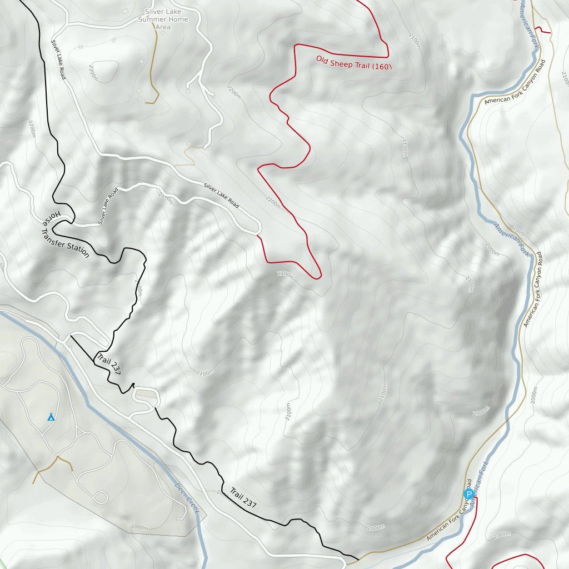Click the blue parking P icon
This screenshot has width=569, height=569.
[x=468, y=494]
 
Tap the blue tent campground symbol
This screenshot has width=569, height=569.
[x=51, y=416]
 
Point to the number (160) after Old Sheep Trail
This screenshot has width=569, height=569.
[x=382, y=67]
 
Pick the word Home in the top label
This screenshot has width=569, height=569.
[x=178, y=19]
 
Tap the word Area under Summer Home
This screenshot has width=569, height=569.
[x=163, y=27]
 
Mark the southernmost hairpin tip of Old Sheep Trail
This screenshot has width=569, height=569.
[x=317, y=278]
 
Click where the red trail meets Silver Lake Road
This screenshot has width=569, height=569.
[x=258, y=235]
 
